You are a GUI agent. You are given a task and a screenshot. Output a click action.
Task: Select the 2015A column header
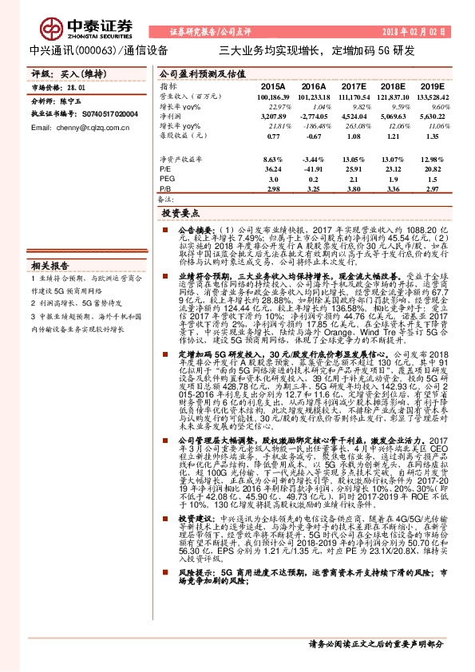273,85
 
